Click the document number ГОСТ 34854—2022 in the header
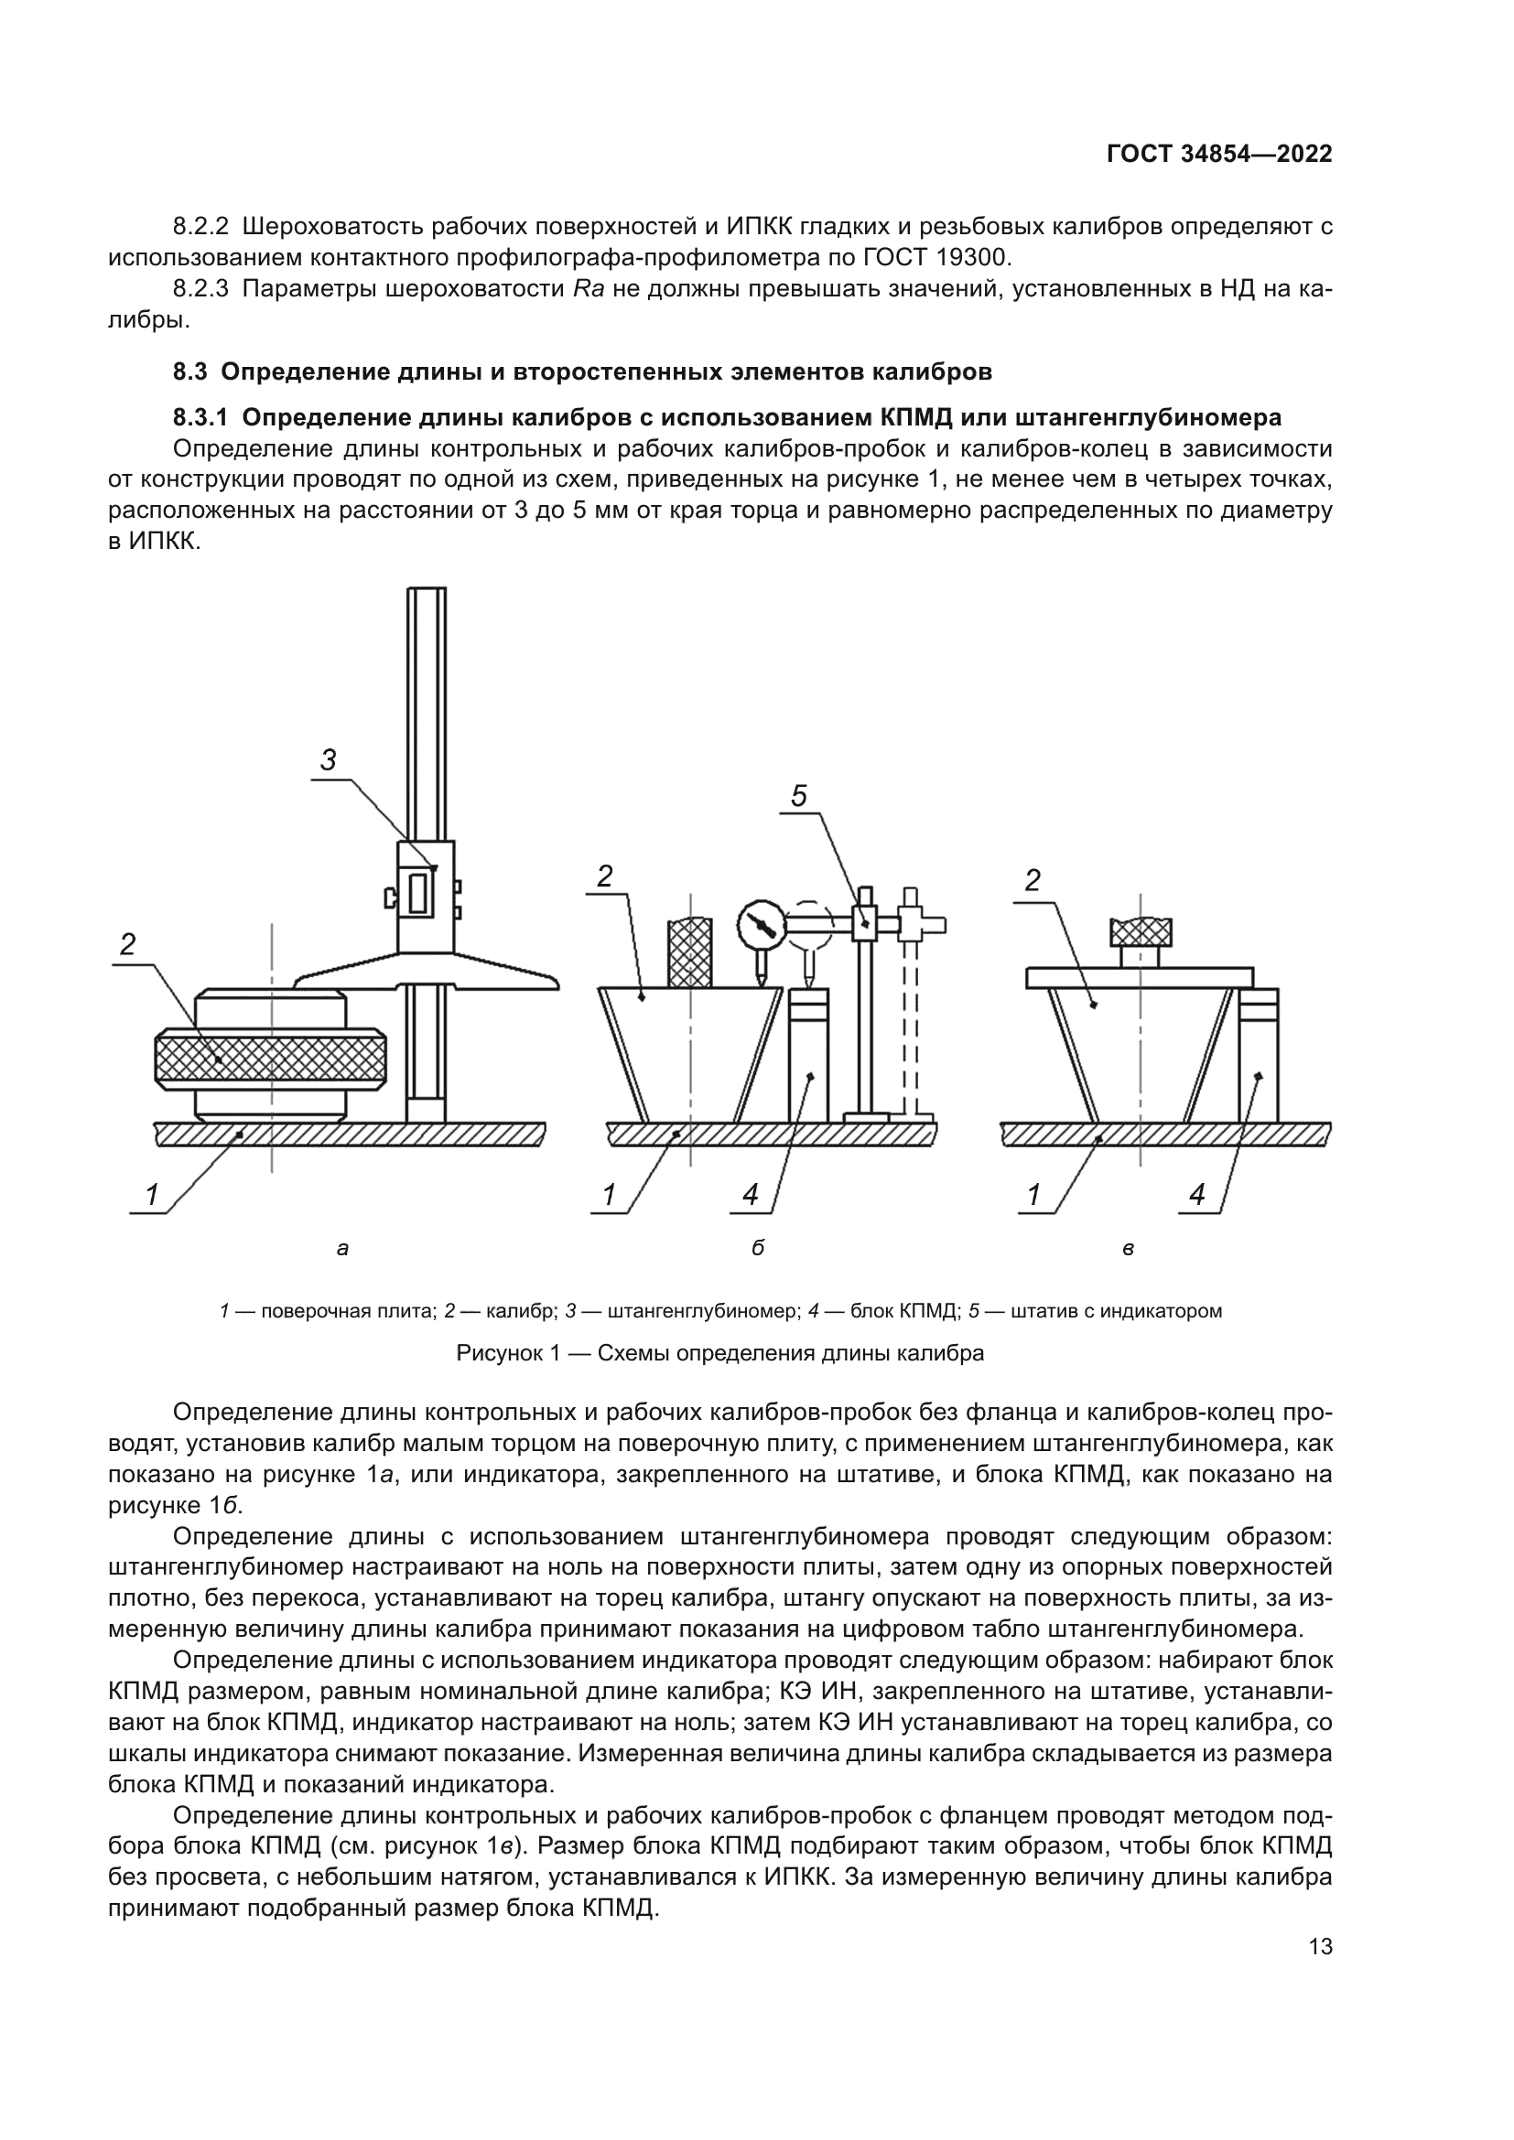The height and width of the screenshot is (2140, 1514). tap(1218, 155)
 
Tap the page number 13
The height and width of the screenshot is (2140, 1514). tap(1320, 1946)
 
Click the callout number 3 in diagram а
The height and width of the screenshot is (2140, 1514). tap(329, 760)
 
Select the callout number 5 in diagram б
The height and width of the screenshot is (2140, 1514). tap(799, 796)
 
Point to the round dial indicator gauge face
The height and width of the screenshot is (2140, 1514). tap(762, 925)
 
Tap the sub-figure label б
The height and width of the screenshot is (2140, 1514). tap(757, 1248)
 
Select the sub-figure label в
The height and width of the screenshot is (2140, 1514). tap(1128, 1248)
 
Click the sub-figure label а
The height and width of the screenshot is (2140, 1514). tap(342, 1248)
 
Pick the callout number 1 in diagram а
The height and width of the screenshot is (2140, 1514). tap(152, 1194)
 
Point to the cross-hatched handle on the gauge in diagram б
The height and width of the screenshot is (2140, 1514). tap(690, 952)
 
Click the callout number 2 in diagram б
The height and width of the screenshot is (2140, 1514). tap(605, 876)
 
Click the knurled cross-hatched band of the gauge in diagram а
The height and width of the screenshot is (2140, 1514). tap(270, 1058)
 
